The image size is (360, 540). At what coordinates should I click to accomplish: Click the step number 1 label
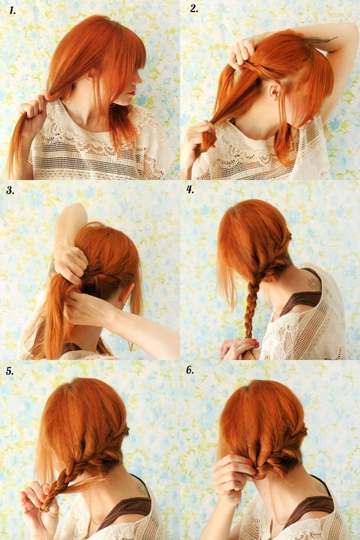[11, 10]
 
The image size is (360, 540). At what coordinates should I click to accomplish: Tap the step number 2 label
[194, 9]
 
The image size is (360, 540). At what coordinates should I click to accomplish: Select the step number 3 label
[10, 190]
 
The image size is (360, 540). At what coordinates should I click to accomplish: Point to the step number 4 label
[190, 190]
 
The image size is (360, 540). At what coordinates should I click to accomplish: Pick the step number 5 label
[10, 371]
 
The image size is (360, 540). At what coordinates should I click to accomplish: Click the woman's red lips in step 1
[132, 92]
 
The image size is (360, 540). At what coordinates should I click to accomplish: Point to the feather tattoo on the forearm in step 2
[320, 40]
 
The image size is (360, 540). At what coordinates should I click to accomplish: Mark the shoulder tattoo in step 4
[313, 284]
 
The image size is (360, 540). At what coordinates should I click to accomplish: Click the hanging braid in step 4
[251, 311]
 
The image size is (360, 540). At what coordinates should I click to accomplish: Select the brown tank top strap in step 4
[300, 300]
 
